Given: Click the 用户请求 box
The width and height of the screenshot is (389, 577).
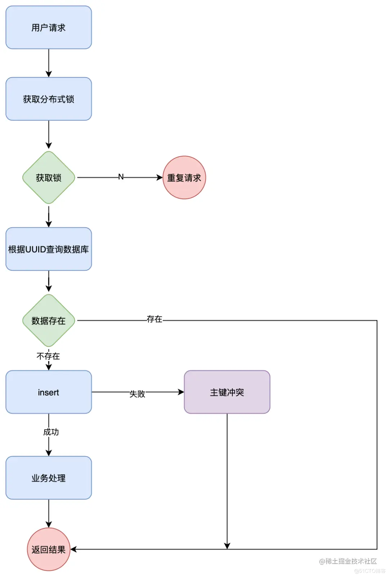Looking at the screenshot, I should point(49,27).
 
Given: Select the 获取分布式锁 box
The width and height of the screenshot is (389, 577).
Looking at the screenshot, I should point(49,99).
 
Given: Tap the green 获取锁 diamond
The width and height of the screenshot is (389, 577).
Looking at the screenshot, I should point(49,178).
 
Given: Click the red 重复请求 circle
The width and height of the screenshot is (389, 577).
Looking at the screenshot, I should point(184,178).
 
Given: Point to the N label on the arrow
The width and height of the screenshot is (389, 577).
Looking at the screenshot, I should point(121,177).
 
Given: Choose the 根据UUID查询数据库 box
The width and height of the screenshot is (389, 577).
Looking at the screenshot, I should point(49,249).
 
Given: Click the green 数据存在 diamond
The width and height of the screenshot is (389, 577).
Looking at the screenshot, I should point(49,320).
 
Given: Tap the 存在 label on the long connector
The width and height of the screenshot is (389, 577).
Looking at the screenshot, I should point(154,319).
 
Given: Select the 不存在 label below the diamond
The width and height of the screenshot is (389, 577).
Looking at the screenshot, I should point(48,356).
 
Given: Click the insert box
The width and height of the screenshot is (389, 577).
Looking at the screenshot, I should point(49,392).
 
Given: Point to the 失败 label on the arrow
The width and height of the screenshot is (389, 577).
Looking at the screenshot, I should point(137,394).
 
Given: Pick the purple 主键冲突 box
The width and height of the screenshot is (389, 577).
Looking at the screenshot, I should point(227,392).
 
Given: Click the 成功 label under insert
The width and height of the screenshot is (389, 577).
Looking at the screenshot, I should point(51,432).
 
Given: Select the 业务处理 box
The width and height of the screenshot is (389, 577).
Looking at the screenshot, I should point(49,478).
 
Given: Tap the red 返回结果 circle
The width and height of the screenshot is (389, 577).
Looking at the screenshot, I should point(49,549).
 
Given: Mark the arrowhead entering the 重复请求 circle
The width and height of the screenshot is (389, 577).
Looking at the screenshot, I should point(160,178).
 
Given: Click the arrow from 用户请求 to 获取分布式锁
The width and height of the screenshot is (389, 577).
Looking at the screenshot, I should point(49,63).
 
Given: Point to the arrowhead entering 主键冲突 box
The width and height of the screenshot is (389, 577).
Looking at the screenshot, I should point(181,392).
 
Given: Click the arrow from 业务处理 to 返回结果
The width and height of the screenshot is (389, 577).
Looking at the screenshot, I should point(49,513).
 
